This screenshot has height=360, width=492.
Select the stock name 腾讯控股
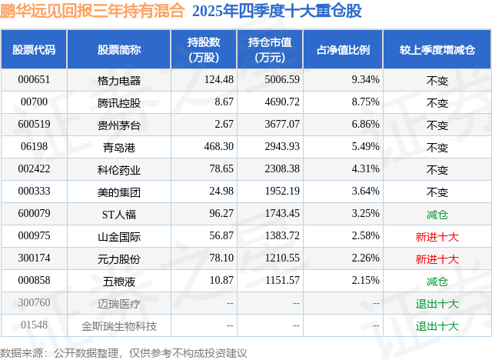click(119, 103)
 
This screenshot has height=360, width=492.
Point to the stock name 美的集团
click(119, 192)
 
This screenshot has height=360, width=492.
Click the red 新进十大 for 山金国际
click(437, 238)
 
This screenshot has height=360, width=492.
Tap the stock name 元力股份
click(119, 259)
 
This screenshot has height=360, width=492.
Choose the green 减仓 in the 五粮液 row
click(437, 282)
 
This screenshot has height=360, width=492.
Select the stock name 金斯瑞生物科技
click(119, 326)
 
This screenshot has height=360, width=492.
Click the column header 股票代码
click(34, 50)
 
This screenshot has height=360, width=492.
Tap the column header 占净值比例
click(343, 50)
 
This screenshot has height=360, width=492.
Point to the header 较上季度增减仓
click(437, 50)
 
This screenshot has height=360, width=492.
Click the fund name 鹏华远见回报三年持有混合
click(92, 12)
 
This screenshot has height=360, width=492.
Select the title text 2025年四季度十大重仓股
click(278, 12)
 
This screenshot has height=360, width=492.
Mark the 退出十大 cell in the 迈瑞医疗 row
click(437, 304)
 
